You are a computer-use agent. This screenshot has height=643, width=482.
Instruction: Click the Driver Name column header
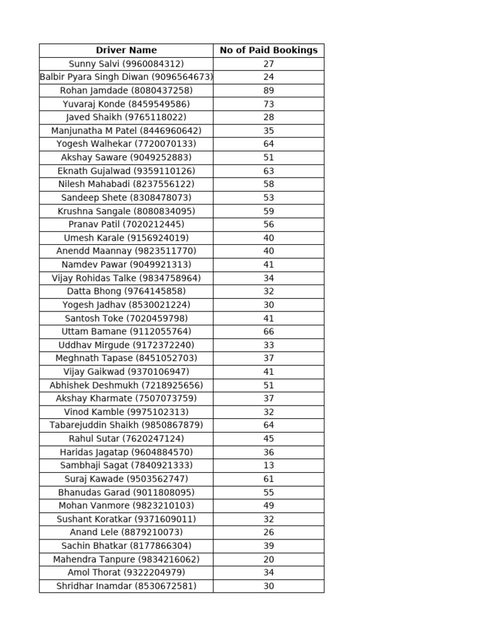(x=126, y=50)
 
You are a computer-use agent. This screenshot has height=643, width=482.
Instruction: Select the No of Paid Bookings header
(x=269, y=50)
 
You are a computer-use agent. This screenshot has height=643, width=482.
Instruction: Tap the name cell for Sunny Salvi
(x=126, y=64)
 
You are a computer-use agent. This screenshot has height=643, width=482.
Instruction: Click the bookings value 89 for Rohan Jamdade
(x=269, y=90)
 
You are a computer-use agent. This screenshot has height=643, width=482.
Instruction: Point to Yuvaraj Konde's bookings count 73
(x=269, y=104)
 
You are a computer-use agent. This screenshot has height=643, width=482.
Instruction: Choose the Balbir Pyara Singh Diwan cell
(x=126, y=77)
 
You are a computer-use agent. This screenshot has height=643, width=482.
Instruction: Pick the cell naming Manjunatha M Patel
(x=126, y=131)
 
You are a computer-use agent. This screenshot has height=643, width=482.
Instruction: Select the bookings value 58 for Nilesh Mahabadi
(x=269, y=184)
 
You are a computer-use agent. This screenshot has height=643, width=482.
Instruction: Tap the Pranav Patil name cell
(x=126, y=224)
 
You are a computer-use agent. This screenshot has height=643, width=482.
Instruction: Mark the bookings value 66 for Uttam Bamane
(x=269, y=332)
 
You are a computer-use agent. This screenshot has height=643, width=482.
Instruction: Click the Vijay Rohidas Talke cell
(x=126, y=278)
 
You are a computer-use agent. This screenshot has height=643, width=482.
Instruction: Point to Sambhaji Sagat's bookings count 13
(x=269, y=465)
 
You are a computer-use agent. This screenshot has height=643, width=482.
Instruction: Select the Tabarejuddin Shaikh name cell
(x=126, y=425)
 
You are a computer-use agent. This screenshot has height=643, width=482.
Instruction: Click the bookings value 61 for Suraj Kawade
(x=269, y=479)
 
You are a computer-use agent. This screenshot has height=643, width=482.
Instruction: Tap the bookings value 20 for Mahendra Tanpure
(x=269, y=559)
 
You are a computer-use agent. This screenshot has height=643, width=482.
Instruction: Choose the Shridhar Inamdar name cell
(x=126, y=586)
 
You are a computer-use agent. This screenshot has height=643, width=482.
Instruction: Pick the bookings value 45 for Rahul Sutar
(x=269, y=439)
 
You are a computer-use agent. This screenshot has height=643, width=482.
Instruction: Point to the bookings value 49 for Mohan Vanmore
(x=269, y=505)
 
